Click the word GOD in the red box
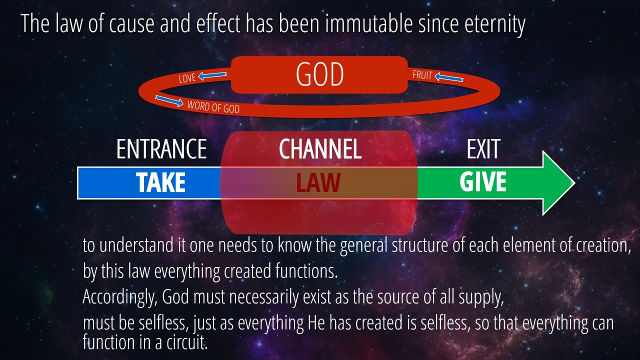click(319, 74)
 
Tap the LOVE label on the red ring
click(187, 78)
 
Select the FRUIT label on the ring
click(422, 75)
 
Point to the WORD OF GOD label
click(213, 107)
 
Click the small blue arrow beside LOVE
click(212, 75)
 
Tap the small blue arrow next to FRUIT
click(449, 77)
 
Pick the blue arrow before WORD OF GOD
click(169, 101)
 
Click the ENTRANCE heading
click(161, 149)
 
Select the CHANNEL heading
click(320, 149)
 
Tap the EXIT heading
click(483, 149)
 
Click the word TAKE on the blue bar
click(160, 182)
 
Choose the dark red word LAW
click(318, 182)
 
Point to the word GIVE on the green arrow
click(483, 181)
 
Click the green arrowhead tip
click(575, 183)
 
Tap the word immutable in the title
click(369, 23)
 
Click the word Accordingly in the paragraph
click(120, 297)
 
